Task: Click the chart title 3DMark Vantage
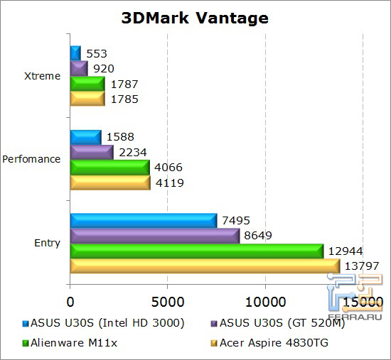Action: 195,17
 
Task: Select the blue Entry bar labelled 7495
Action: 143,221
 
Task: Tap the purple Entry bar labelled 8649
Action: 154,236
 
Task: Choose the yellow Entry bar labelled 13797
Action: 205,266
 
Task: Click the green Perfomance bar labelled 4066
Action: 109,168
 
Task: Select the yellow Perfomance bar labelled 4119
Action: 110,182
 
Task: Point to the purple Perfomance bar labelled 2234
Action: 92,152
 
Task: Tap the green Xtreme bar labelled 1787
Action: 87,84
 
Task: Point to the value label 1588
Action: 119,136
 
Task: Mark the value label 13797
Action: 361,266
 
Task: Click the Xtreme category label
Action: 43,76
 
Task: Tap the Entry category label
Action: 48,244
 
